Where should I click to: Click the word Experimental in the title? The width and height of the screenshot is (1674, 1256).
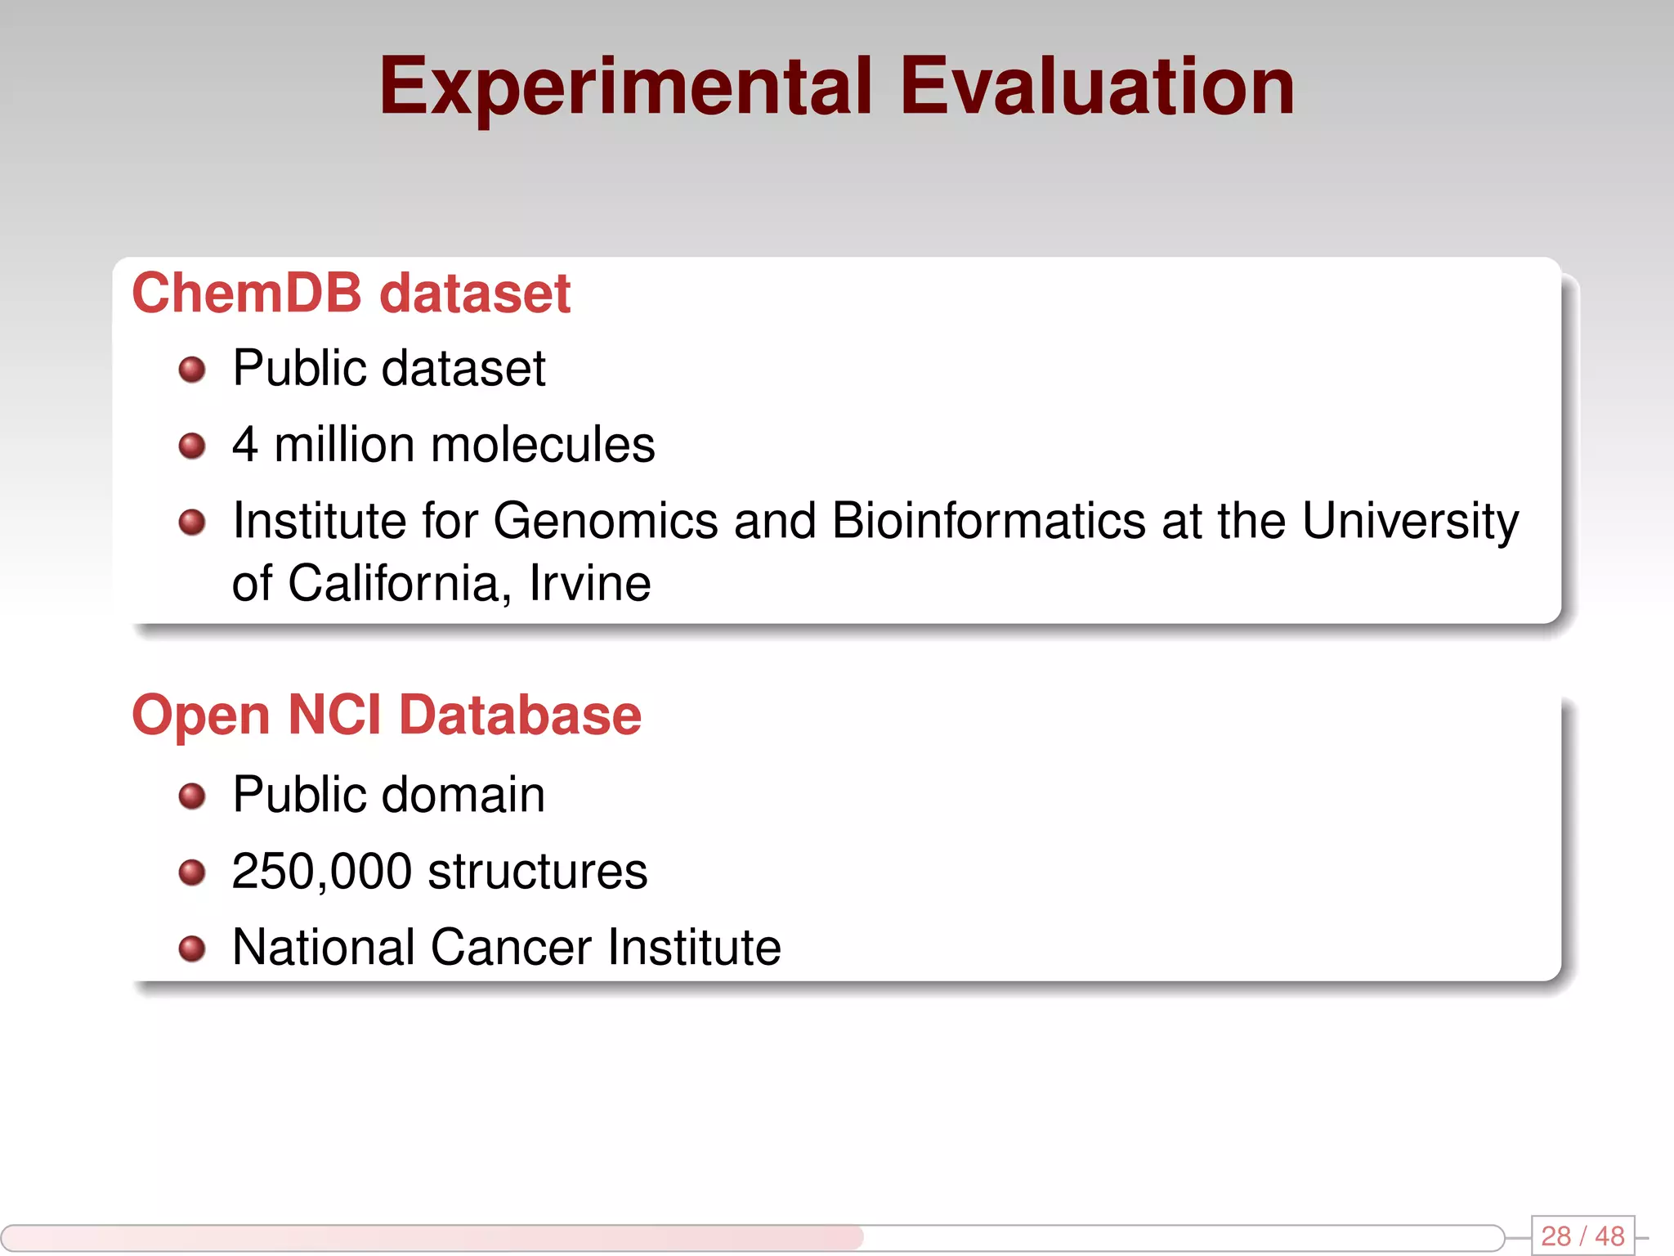click(x=625, y=87)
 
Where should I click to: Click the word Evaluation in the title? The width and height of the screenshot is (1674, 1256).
click(x=1097, y=87)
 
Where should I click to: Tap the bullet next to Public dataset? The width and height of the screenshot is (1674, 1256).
click(x=192, y=370)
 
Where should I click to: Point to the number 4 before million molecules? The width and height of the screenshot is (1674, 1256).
click(x=245, y=445)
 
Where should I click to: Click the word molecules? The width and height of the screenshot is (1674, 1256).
click(x=543, y=445)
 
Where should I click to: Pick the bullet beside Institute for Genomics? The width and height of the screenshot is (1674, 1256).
click(x=192, y=522)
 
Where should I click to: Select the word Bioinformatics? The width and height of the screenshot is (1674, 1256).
click(x=989, y=521)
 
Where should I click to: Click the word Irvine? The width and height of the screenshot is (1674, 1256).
click(x=590, y=584)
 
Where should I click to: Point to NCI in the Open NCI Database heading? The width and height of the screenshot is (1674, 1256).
click(x=334, y=715)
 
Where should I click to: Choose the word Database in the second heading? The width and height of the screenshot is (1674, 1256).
click(x=520, y=715)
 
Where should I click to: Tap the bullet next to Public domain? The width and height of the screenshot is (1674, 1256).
click(x=192, y=796)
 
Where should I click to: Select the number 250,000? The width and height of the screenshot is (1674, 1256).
click(x=321, y=872)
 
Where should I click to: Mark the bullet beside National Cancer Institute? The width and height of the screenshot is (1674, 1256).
click(x=192, y=949)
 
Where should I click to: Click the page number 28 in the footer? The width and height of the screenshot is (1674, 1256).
click(x=1556, y=1236)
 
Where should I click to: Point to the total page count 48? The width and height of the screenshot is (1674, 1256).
click(x=1609, y=1236)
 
